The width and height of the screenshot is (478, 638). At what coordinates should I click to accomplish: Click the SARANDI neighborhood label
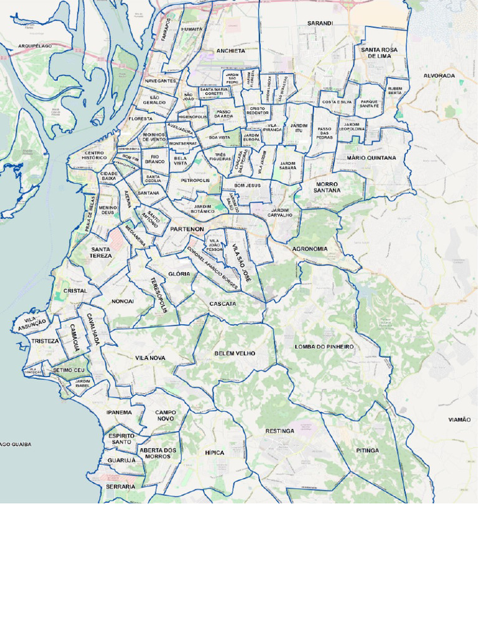(320, 23)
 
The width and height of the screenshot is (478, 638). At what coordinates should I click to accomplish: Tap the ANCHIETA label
(231, 50)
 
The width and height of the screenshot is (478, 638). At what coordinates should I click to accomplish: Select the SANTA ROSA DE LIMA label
(379, 52)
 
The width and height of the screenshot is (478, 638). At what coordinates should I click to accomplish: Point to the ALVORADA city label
(439, 75)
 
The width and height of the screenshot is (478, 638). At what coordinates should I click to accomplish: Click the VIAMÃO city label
(459, 420)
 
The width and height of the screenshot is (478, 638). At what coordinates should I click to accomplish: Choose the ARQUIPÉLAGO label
(35, 46)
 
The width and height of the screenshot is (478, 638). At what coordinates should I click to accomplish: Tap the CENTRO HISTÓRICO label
(94, 155)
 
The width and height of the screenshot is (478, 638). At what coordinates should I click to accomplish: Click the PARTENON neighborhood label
(187, 229)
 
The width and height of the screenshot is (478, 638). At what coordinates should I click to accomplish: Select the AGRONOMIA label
(310, 249)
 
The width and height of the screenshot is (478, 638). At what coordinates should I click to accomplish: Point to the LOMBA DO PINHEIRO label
(324, 346)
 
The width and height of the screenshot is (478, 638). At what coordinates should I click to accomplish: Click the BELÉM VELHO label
(235, 353)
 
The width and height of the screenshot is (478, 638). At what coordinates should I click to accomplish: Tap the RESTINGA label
(279, 431)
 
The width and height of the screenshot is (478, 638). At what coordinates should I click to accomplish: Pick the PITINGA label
(368, 450)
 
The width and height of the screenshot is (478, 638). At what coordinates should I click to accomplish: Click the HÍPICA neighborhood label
(215, 452)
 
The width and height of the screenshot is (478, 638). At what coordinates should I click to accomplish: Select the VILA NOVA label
(150, 358)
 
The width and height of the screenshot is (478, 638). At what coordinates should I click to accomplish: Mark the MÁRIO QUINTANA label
(372, 158)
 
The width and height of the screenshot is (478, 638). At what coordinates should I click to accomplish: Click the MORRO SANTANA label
(327, 187)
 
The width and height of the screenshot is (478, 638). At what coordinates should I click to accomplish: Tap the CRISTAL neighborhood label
(75, 290)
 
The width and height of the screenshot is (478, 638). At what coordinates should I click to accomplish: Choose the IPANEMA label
(119, 412)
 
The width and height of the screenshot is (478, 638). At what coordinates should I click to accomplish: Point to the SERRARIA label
(120, 486)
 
